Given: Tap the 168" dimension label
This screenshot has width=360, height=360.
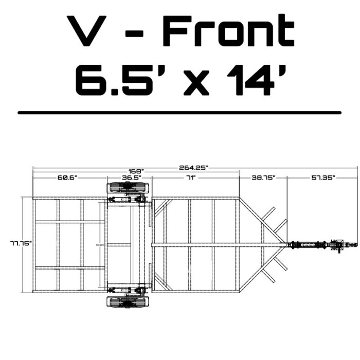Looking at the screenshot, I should point(136,171).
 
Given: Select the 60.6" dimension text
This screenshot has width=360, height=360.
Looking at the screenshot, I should point(67,177).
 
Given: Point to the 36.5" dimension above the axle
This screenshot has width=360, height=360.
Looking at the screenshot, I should point(131,177).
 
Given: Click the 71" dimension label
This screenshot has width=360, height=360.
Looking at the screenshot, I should point(190,177).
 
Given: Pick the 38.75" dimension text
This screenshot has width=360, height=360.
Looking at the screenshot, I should point(263,177).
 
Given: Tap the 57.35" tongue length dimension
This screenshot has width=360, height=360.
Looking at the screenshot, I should point(323,177).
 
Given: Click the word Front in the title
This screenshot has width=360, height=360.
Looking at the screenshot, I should point(228,32).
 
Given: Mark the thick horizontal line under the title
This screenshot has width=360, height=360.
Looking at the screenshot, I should point(179,112).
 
